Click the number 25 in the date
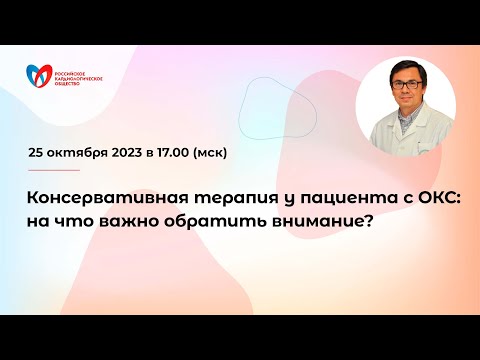tap(37, 154)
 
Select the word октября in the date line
tap(79, 154)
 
